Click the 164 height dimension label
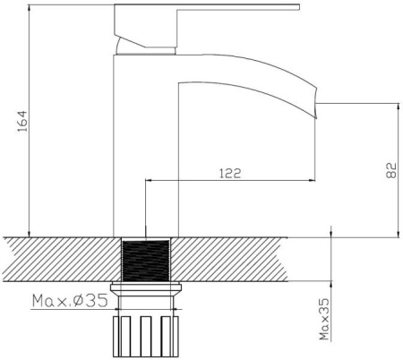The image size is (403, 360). [22, 122]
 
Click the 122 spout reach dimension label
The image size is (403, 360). [230, 174]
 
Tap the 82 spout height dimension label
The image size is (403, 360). [391, 170]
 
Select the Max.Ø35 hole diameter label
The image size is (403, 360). [70, 301]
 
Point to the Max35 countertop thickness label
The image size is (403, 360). [324, 320]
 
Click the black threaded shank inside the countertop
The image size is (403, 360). [146, 261]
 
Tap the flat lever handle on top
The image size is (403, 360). [207, 7]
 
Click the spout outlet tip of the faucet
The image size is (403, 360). [315, 103]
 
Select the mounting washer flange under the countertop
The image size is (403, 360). [146, 289]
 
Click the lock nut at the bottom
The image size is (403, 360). [146, 337]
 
